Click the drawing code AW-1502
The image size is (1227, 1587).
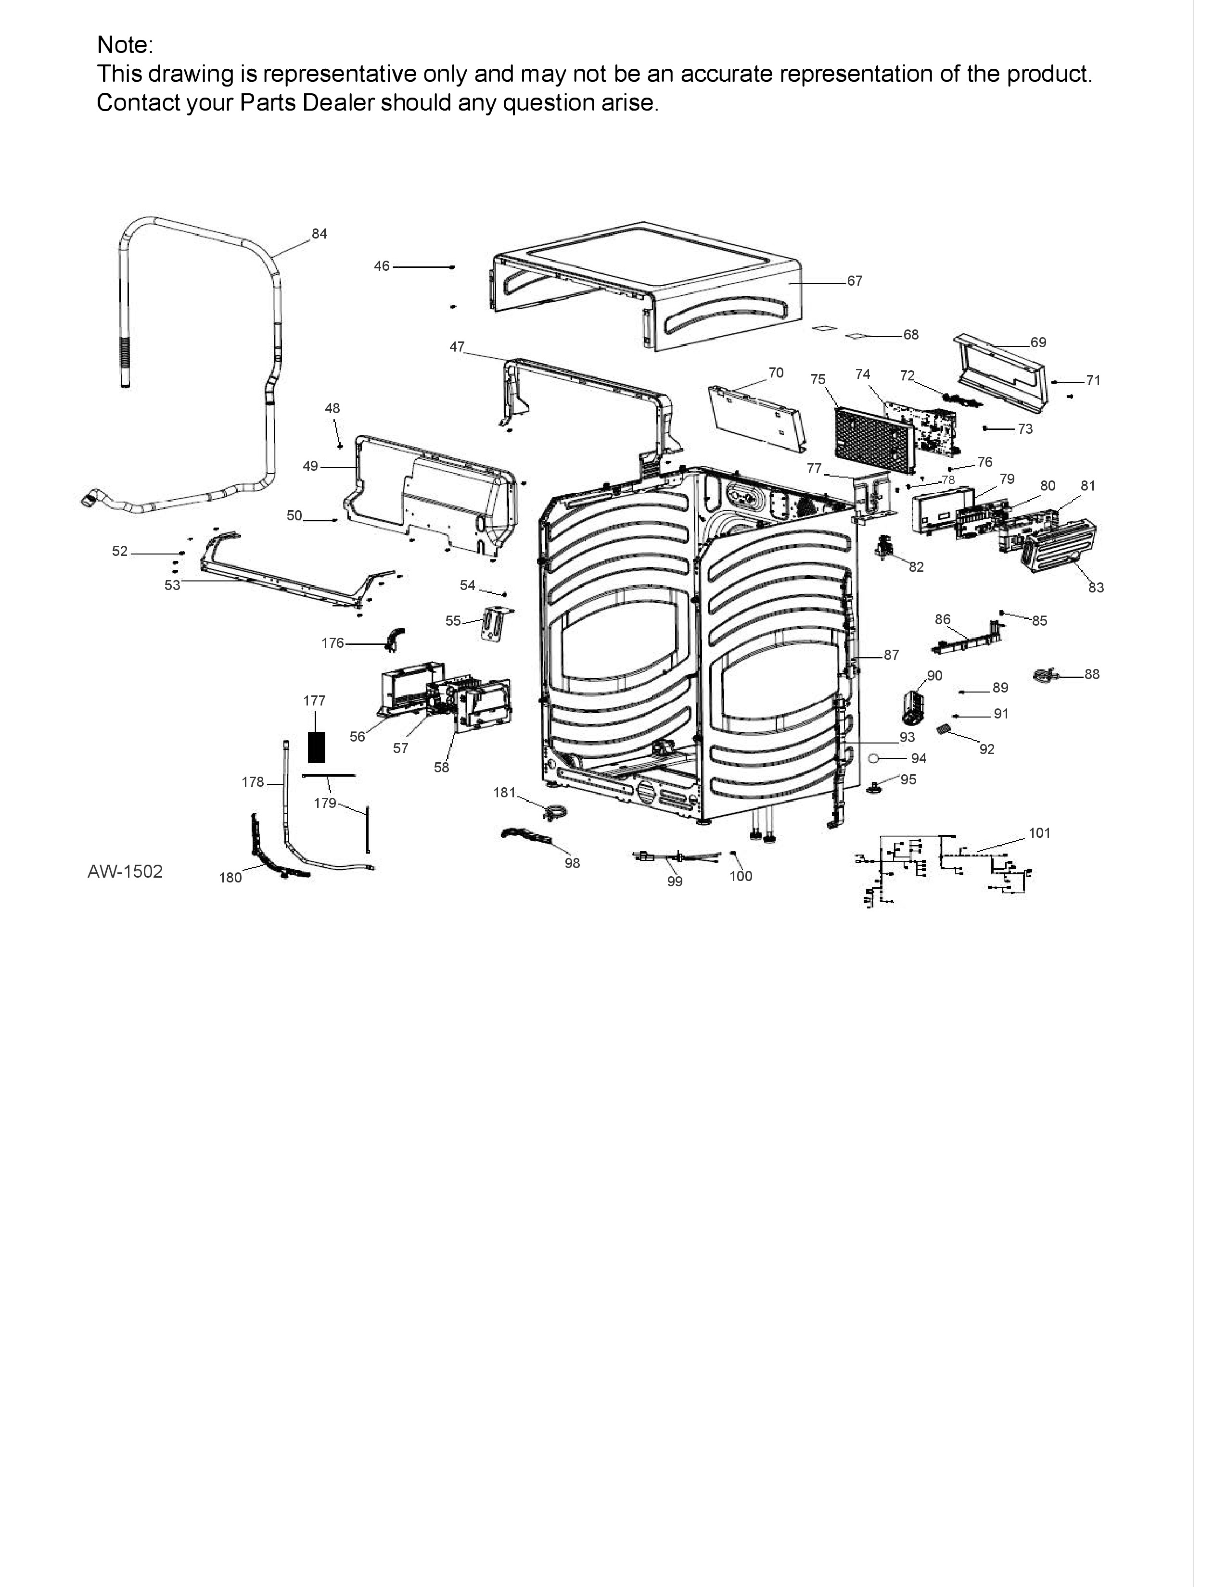click(x=125, y=871)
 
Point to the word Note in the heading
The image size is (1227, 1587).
click(x=122, y=45)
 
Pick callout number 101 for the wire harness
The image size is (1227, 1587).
click(x=1039, y=833)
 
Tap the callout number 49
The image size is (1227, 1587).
click(x=310, y=466)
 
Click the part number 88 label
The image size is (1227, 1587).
click(x=1092, y=674)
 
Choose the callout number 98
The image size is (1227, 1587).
click(x=572, y=863)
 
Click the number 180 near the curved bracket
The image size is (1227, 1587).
click(x=230, y=878)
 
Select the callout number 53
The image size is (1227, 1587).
click(x=172, y=585)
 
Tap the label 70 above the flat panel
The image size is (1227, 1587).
click(x=776, y=373)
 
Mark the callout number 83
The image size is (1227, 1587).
click(x=1096, y=588)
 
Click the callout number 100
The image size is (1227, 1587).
click(x=741, y=876)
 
